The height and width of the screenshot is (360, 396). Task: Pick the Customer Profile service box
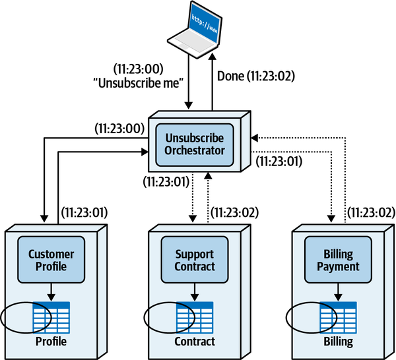click(x=51, y=260)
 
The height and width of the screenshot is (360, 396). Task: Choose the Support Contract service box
click(x=195, y=260)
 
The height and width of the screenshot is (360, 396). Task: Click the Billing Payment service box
click(x=337, y=260)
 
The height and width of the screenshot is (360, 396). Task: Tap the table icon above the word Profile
click(x=51, y=317)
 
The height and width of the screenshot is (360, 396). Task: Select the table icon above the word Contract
click(x=195, y=317)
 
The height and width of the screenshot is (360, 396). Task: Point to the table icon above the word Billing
click(x=337, y=317)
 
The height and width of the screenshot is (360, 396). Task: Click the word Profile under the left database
click(x=51, y=342)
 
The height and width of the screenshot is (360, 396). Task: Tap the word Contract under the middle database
click(x=195, y=342)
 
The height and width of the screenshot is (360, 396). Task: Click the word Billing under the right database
click(x=337, y=342)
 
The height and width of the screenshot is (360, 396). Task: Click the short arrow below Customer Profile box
click(x=51, y=291)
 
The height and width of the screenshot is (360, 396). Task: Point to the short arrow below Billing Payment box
click(x=337, y=291)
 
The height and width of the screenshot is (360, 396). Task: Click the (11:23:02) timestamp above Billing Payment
click(x=371, y=212)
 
